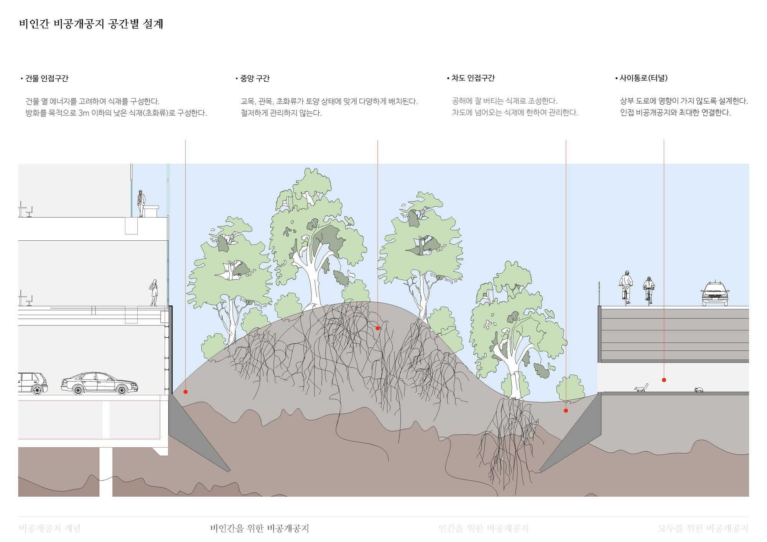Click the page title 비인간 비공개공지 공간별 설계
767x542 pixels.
tap(91, 24)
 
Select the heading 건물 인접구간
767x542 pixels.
tap(47, 79)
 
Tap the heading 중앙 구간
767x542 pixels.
tap(255, 79)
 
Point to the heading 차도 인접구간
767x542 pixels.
tap(473, 78)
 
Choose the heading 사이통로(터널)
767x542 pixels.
tap(644, 78)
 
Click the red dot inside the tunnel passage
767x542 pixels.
tap(664, 380)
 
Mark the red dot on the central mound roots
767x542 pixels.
tap(378, 328)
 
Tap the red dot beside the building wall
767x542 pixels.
tap(186, 392)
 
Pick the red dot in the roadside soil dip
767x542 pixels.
tap(566, 411)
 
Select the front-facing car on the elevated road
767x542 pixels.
tap(715, 294)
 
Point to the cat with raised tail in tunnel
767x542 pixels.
tap(641, 388)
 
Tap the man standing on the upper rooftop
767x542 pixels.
tap(141, 203)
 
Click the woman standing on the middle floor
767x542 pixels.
tap(154, 292)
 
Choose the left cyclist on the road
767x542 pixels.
tap(626, 287)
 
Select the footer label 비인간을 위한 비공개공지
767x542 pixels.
tap(259, 529)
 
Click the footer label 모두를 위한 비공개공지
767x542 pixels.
tap(703, 529)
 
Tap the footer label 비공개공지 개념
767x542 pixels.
tap(49, 529)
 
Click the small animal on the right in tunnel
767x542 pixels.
tap(699, 390)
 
